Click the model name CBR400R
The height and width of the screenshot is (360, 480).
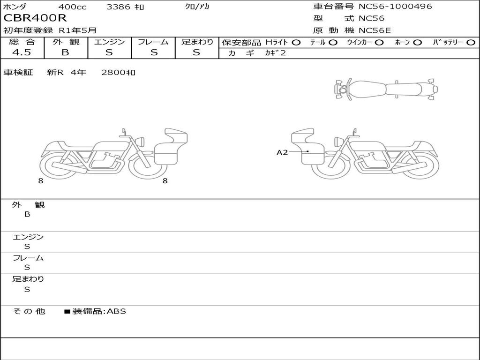click(x=35, y=18)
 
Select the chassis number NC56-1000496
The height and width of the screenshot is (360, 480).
click(x=395, y=6)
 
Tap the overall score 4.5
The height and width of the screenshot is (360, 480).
click(x=22, y=52)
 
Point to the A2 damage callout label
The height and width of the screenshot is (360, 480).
click(x=282, y=152)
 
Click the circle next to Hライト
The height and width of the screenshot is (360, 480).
click(x=296, y=43)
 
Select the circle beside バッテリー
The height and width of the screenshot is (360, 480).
click(x=471, y=43)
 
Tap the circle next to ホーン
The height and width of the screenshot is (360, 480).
click(x=418, y=43)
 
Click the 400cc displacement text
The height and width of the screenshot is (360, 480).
click(x=73, y=7)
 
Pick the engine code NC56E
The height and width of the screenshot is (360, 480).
click(x=375, y=30)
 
